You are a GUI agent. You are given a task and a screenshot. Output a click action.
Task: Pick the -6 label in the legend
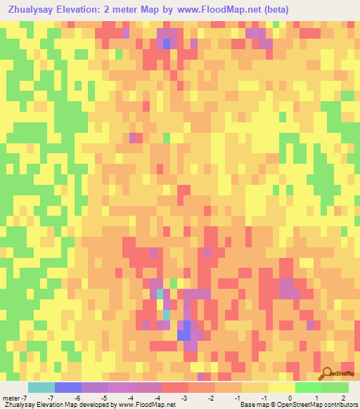pos(77,398)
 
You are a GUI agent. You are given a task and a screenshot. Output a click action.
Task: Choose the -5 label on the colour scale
pos(105,398)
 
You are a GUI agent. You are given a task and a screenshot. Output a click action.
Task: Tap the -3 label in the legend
pos(184,398)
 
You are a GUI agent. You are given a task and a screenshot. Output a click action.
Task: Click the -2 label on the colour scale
pos(210,398)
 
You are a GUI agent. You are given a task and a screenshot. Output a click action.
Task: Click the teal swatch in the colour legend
pos(41,387)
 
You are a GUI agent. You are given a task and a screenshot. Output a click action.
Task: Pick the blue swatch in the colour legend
pos(67,387)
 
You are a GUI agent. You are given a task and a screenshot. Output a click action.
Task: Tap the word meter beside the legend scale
pos(11,398)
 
